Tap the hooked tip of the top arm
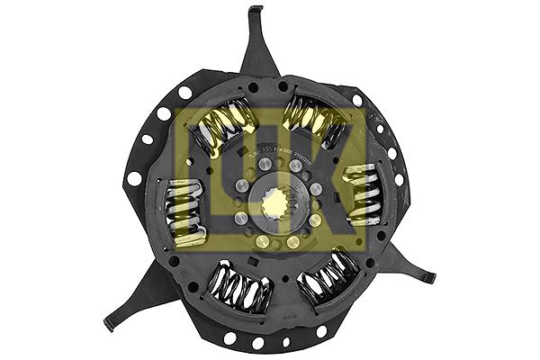(256, 11)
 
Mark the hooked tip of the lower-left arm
(109, 323)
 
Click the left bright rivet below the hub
(263, 241)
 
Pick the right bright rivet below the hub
(292, 241)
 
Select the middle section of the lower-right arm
(405, 261)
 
